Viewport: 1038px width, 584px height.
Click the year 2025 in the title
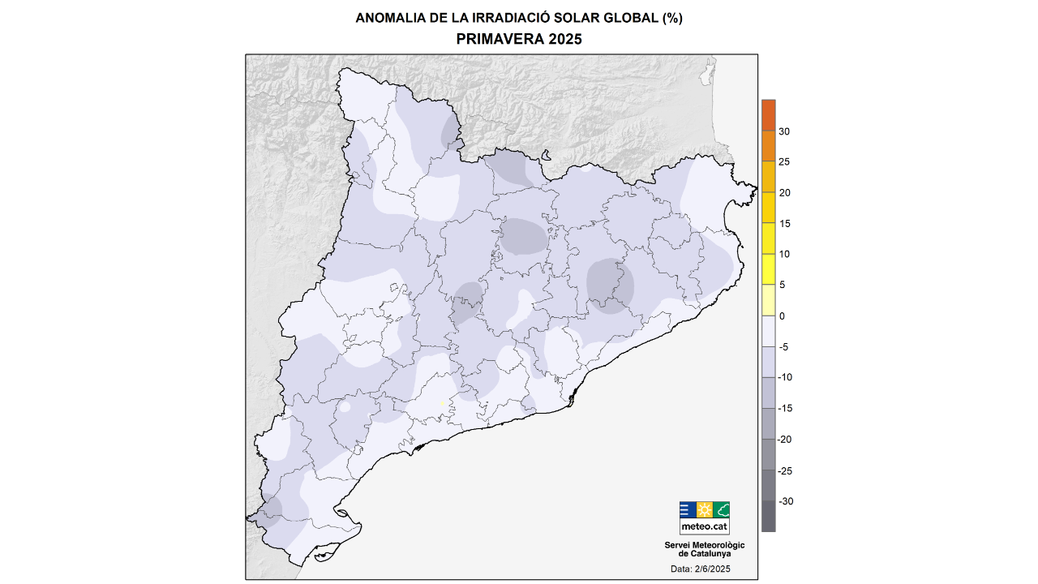tap(564, 39)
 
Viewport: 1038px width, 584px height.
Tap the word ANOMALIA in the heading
tap(388, 18)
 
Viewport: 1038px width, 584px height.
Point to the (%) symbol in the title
tap(671, 18)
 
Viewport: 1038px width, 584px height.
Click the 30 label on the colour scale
tap(784, 131)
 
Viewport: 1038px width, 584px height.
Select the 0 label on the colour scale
tap(782, 316)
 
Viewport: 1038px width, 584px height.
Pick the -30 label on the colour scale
tap(786, 501)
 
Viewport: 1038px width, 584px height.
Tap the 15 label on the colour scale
tap(784, 224)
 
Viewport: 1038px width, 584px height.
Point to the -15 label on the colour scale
tap(786, 409)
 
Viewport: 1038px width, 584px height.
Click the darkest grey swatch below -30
tap(768, 517)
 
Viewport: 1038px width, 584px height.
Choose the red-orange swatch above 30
tap(768, 115)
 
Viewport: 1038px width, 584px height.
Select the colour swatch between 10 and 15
tap(768, 238)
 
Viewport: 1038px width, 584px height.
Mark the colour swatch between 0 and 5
tap(768, 300)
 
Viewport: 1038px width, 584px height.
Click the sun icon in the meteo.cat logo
tap(705, 510)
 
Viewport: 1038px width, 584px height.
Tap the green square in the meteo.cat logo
tap(722, 510)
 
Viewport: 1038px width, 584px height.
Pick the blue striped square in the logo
tap(687, 510)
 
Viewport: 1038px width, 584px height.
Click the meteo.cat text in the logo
tap(704, 526)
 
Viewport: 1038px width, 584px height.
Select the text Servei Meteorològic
tap(704, 545)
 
